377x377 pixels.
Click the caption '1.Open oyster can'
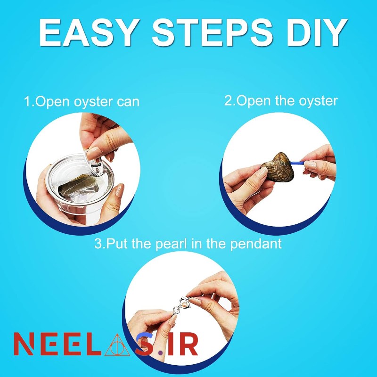click(82, 102)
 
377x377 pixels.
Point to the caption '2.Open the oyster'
click(281, 101)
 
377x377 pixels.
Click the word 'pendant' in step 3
click(256, 244)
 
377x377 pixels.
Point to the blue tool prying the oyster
click(298, 163)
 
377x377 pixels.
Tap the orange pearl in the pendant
click(184, 306)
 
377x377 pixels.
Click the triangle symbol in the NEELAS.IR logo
click(117, 345)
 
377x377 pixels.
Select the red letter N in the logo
click(24, 344)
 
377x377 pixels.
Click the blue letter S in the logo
click(144, 344)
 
